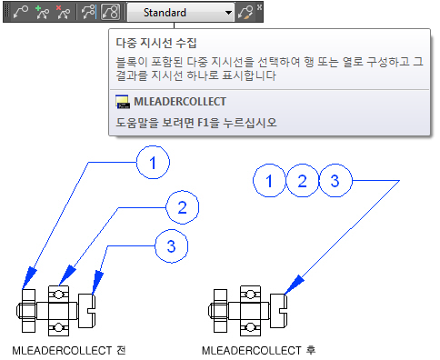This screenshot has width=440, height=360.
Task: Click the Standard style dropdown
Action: (x=181, y=13)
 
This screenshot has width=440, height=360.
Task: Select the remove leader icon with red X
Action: (x=64, y=13)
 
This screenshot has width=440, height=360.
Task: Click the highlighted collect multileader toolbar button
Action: (x=110, y=13)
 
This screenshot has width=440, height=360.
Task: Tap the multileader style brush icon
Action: (x=245, y=13)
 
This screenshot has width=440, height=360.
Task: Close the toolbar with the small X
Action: (x=259, y=7)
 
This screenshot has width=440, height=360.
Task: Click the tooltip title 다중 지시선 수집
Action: (x=156, y=43)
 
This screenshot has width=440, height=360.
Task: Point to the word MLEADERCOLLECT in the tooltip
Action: (x=180, y=102)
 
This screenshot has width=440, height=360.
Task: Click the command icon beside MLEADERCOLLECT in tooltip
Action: (x=123, y=102)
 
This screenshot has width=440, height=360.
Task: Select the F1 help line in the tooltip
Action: (x=196, y=123)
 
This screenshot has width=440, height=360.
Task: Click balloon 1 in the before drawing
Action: (x=153, y=163)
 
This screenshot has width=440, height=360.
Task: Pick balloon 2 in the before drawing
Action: (x=182, y=207)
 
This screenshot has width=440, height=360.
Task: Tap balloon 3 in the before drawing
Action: (x=171, y=245)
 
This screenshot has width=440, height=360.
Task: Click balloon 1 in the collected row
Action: (x=269, y=181)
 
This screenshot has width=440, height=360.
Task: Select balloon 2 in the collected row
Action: (x=303, y=181)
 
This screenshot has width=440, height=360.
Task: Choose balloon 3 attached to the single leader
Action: (x=335, y=181)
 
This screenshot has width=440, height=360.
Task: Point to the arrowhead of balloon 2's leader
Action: (x=66, y=275)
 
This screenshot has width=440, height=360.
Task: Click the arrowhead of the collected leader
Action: (x=294, y=285)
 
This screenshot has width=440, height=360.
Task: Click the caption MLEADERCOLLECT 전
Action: (x=69, y=351)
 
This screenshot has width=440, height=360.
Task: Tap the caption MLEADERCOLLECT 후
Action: (x=259, y=351)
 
